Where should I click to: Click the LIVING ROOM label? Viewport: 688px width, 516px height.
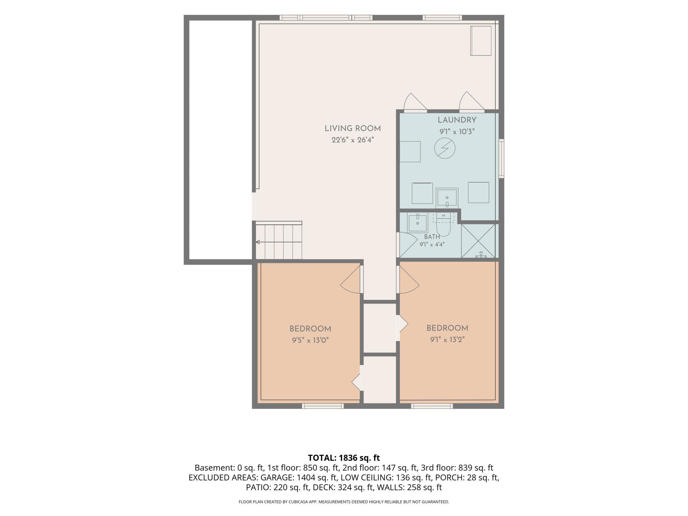click(353, 129)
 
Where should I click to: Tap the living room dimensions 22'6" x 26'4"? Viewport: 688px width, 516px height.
click(353, 140)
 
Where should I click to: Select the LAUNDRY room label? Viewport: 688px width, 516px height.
click(457, 120)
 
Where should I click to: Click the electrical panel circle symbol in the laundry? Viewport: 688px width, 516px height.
click(445, 148)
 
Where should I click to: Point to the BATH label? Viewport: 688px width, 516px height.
click(432, 237)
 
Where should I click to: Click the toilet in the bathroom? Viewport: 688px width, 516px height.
click(443, 225)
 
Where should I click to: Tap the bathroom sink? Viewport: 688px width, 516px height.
click(417, 224)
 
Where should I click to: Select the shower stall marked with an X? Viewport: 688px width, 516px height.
click(478, 241)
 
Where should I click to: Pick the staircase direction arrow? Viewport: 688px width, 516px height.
click(279, 242)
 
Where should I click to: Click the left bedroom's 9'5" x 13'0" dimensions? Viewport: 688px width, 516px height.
click(310, 340)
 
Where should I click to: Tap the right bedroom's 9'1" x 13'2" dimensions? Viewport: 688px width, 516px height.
click(447, 340)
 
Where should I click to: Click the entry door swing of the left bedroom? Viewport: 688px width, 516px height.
click(351, 279)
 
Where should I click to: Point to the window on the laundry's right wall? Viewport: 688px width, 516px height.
click(501, 158)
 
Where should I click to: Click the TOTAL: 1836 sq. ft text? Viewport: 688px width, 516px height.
click(344, 458)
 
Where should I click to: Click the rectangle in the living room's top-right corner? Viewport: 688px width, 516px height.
click(481, 41)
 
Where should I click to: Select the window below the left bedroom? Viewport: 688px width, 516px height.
click(323, 406)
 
